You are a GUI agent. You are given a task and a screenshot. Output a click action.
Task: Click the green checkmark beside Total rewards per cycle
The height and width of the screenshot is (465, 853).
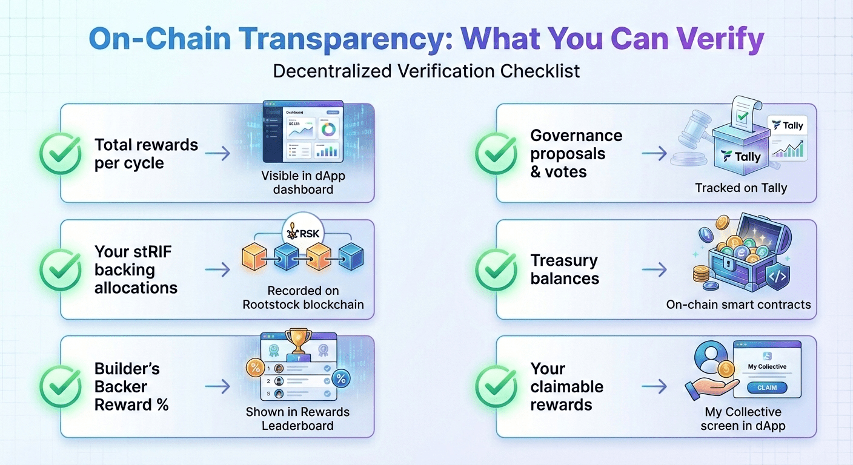click(x=61, y=154)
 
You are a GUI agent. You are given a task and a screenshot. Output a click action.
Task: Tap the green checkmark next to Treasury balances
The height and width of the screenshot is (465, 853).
click(x=496, y=269)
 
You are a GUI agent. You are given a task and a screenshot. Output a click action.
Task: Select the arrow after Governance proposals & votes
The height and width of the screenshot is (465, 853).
click(x=654, y=154)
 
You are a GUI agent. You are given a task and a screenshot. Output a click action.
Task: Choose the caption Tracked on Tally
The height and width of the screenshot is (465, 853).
click(x=741, y=188)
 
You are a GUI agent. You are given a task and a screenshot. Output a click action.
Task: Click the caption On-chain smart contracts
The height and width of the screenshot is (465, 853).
click(x=738, y=305)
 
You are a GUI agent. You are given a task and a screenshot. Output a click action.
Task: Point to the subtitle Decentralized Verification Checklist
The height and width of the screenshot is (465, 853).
click(x=426, y=71)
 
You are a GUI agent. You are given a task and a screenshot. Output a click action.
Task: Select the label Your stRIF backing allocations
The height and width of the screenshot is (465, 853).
click(x=136, y=269)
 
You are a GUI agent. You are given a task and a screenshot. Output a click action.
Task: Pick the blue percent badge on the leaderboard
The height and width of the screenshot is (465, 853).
click(x=341, y=379)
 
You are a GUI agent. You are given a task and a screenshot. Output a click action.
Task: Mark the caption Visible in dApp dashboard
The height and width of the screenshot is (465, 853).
click(x=297, y=182)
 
